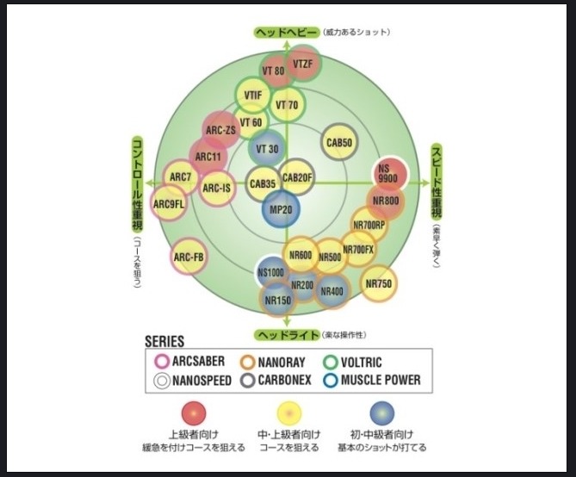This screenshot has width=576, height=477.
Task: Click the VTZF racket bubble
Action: coord(302,65)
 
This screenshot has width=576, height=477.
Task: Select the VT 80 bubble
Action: coord(274,71)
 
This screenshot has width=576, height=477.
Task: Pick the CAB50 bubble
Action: coord(339,142)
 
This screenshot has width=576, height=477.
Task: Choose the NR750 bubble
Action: coord(379,282)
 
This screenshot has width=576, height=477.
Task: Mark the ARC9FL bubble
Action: coord(169,204)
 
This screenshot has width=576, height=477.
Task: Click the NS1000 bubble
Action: coord(271,273)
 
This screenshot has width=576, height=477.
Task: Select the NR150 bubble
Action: coord(277,300)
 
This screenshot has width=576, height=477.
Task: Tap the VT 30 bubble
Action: coord(268,148)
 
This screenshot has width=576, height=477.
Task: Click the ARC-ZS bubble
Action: coord(220,130)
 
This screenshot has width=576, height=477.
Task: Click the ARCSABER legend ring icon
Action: coord(160,362)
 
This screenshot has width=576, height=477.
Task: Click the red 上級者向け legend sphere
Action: coord(193,412)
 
